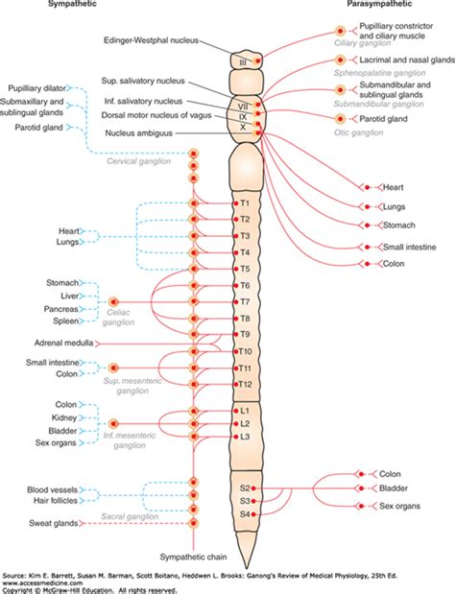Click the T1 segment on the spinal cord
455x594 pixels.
point(243,204)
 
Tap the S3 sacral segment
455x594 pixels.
point(245,501)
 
